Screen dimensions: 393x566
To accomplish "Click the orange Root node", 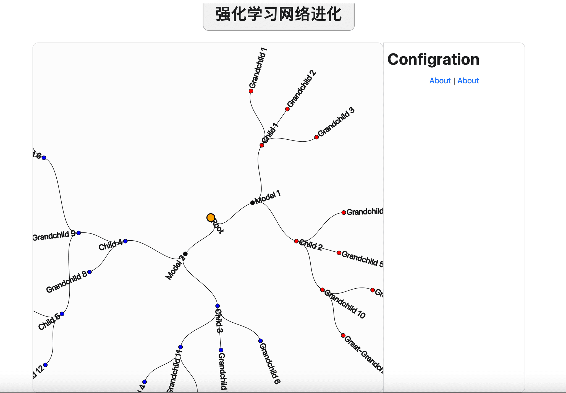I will pos(211,218).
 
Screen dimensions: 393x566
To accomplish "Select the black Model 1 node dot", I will pos(252,203).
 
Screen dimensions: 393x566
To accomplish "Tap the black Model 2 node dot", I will pos(185,254).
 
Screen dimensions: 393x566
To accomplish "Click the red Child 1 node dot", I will pos(262,145).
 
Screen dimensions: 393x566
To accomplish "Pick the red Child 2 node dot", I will pos(296,241).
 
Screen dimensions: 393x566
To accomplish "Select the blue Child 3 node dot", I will pos(218,306).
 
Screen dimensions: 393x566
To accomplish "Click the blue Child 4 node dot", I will pos(125,241).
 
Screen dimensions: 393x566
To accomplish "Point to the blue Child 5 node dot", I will pos(62,314).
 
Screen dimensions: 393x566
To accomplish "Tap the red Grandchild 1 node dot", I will pos(251,91).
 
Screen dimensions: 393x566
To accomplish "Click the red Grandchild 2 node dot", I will pos(287,109).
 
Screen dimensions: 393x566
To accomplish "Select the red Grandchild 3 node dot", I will pos(317,137).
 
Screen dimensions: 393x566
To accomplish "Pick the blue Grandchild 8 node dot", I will pos(90,272).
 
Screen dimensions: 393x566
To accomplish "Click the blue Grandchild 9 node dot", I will pos(79,233).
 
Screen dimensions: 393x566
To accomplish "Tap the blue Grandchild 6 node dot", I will pos(260,341).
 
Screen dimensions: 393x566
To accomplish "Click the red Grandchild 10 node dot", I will pos(322,290).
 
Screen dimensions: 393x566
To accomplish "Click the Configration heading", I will pos(433,59).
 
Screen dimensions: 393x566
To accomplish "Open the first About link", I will pos(440,81).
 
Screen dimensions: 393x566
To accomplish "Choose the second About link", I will pos(468,81).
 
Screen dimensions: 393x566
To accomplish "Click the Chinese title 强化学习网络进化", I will pos(279,14).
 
